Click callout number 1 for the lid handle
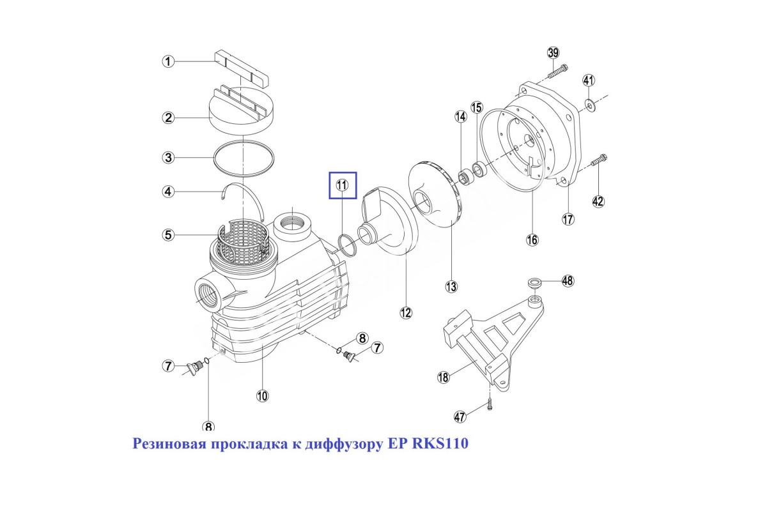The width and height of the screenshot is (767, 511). tap(167, 61)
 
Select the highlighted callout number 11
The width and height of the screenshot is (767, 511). tap(342, 185)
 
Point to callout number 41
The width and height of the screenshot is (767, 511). tap(589, 80)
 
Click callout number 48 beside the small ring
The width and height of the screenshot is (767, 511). tap(568, 280)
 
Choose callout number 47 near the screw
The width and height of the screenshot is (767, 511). tap(460, 417)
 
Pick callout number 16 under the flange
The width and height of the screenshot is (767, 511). tap(532, 240)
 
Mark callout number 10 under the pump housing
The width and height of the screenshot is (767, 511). tap(262, 396)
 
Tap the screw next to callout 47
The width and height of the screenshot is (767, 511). tap(490, 403)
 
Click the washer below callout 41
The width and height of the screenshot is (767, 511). tap(589, 103)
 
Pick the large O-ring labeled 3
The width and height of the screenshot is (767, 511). tap(244, 158)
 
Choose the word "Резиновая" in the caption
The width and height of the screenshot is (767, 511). tap(167, 443)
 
